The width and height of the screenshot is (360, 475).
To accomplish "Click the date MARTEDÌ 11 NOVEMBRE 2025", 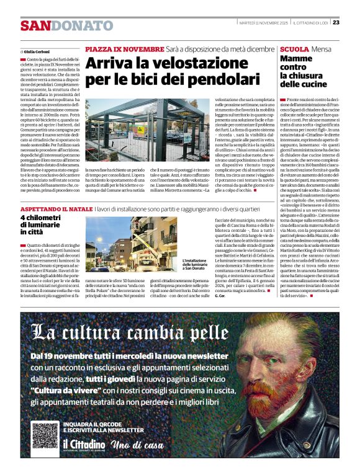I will click(x=262, y=22).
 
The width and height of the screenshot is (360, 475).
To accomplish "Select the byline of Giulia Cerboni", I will click(x=36, y=51).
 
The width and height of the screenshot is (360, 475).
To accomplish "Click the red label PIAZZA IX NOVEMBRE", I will click(x=125, y=49).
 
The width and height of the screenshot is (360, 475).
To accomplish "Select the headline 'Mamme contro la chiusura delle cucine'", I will click(x=304, y=71).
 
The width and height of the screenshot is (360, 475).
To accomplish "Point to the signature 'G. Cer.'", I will click(x=220, y=295).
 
